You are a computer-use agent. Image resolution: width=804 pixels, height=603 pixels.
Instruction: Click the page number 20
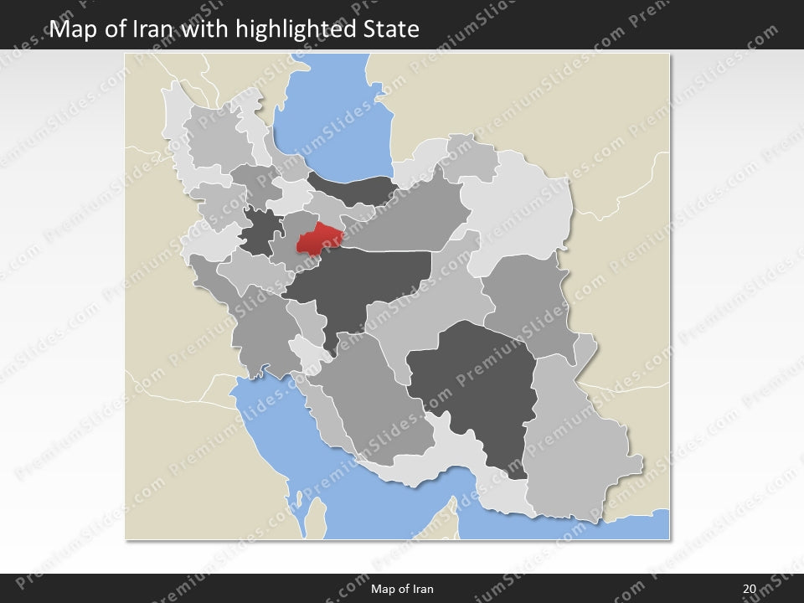tap(749, 589)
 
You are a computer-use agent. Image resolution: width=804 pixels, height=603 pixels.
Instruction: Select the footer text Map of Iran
tap(402, 589)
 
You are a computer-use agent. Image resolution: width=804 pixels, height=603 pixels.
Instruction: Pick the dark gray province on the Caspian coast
tap(352, 188)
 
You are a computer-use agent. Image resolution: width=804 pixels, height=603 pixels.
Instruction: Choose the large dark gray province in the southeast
tap(473, 385)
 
